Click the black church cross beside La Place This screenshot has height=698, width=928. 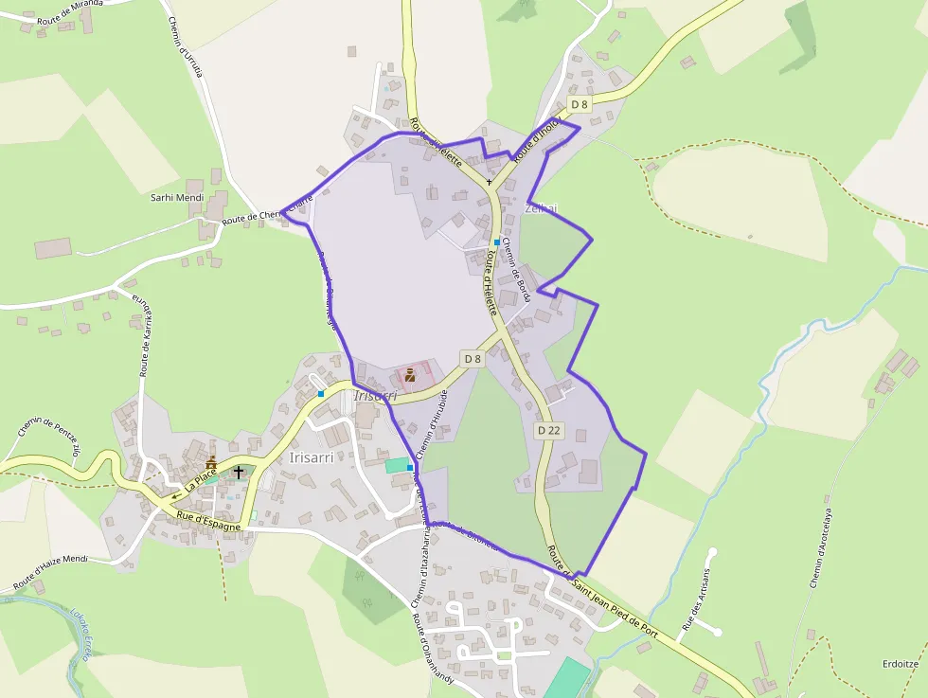[x=239, y=472]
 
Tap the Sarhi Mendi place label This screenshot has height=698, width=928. [x=177, y=198]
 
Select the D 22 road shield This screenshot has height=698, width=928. [x=549, y=430]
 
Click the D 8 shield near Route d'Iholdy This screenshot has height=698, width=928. [x=580, y=104]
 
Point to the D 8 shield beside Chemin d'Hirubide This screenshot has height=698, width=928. [x=473, y=358]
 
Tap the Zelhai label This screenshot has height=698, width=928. [x=542, y=208]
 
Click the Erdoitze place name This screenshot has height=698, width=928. [x=899, y=664]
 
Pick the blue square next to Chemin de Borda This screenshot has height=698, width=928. [x=496, y=242]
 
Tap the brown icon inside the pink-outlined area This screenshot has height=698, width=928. [x=410, y=376]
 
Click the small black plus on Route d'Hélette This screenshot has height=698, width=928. [x=490, y=182]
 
